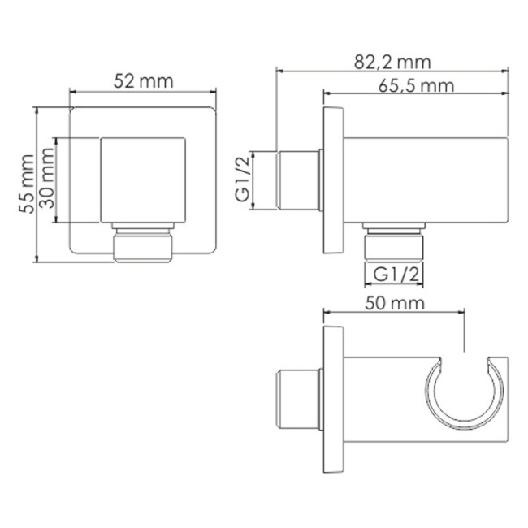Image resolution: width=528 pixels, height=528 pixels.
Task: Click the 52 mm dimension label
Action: point(145,80)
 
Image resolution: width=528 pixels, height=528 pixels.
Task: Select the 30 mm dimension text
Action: point(48,184)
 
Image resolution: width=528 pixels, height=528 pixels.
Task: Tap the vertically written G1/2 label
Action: point(243,180)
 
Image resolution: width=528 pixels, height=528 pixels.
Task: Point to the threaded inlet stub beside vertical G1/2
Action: point(296,180)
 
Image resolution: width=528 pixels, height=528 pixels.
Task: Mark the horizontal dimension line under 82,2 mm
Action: point(393,71)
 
